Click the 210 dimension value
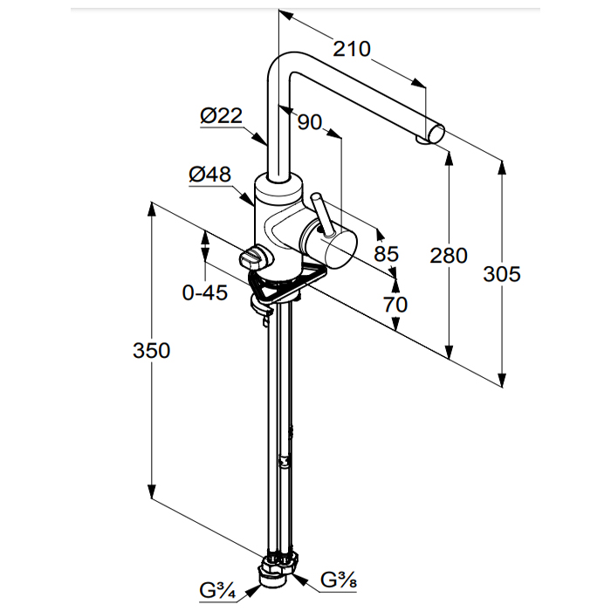click(352, 49)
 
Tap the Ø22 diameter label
click(220, 115)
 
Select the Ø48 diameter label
click(209, 175)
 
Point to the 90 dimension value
click(310, 122)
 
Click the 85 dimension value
click(386, 254)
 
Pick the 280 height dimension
click(449, 256)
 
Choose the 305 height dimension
click(502, 274)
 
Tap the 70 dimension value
click(395, 305)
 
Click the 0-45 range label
click(205, 293)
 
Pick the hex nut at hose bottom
click(277, 571)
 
